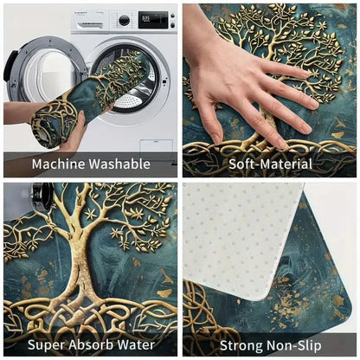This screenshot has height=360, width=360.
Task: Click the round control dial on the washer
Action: (x=125, y=20)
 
